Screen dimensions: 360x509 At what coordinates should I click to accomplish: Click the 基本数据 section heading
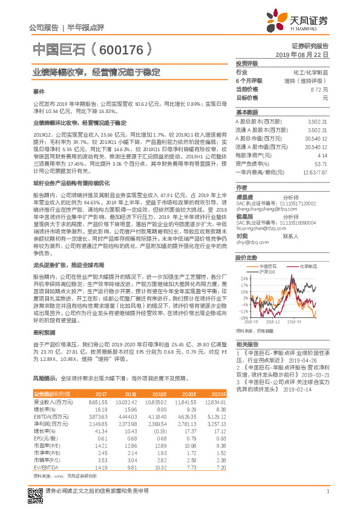(247, 112)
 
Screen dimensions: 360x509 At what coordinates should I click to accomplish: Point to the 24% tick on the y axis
(244, 278)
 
